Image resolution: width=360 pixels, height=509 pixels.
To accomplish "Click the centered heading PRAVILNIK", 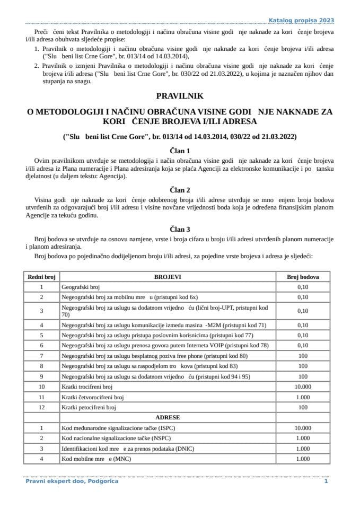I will (180, 96).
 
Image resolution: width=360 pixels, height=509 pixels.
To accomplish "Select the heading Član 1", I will (180, 151).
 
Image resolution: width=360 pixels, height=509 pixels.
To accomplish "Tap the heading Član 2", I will (180, 189).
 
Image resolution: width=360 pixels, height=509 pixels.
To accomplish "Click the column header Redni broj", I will (41, 277).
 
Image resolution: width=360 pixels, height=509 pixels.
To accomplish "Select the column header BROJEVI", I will (168, 277).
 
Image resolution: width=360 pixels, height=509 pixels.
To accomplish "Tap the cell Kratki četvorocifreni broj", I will (93, 398).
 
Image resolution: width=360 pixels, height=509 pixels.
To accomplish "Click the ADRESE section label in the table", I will (168, 418).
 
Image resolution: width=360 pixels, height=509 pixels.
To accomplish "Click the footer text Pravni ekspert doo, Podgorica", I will (72, 481).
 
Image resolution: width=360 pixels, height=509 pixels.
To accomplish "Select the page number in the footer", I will (326, 481).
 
